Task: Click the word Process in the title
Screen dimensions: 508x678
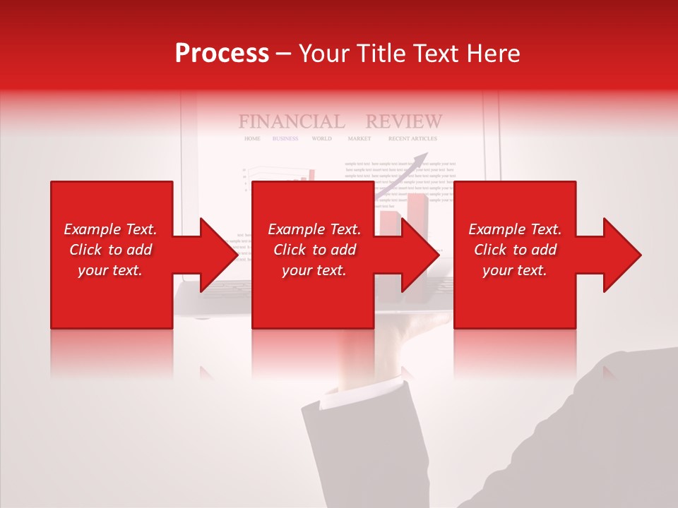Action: pyautogui.click(x=222, y=53)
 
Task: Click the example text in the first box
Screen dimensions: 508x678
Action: pyautogui.click(x=110, y=250)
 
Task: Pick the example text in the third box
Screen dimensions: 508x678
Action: pyautogui.click(x=515, y=250)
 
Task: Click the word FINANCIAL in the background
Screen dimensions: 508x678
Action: pyautogui.click(x=292, y=121)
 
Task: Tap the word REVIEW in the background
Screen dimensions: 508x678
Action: pyautogui.click(x=404, y=121)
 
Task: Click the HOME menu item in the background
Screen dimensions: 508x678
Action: pyautogui.click(x=252, y=139)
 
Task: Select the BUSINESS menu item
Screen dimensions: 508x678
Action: pyautogui.click(x=285, y=139)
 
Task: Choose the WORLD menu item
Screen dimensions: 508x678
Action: pyautogui.click(x=321, y=139)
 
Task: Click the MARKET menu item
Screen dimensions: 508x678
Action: pyautogui.click(x=359, y=139)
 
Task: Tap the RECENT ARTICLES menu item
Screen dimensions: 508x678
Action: pyautogui.click(x=412, y=139)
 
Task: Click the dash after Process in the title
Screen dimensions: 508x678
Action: pyautogui.click(x=284, y=54)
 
